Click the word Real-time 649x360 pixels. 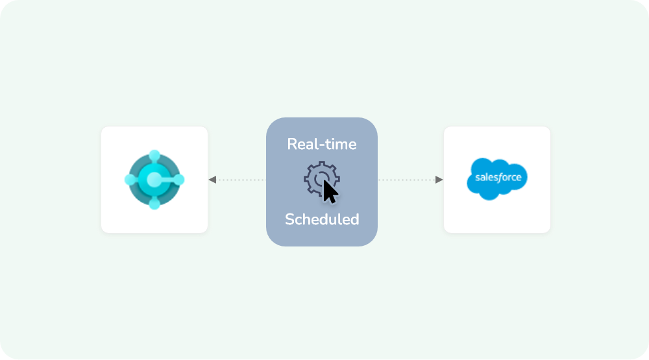click(x=322, y=144)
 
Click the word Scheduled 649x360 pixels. click(x=322, y=219)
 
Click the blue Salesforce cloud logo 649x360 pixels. click(x=497, y=177)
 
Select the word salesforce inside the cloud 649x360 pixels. click(x=498, y=177)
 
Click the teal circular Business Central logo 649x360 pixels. click(x=154, y=180)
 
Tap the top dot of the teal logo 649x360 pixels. click(x=154, y=156)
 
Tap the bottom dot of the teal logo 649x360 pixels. click(x=154, y=204)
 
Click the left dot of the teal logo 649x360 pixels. click(x=130, y=180)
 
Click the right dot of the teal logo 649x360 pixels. click(x=179, y=180)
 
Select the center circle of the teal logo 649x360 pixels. click(x=154, y=180)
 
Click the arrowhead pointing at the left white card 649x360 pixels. click(x=213, y=180)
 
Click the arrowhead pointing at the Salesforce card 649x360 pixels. click(x=439, y=180)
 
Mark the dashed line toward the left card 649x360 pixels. click(x=240, y=180)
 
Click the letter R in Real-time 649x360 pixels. click(x=292, y=144)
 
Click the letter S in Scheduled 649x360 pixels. click(x=289, y=219)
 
